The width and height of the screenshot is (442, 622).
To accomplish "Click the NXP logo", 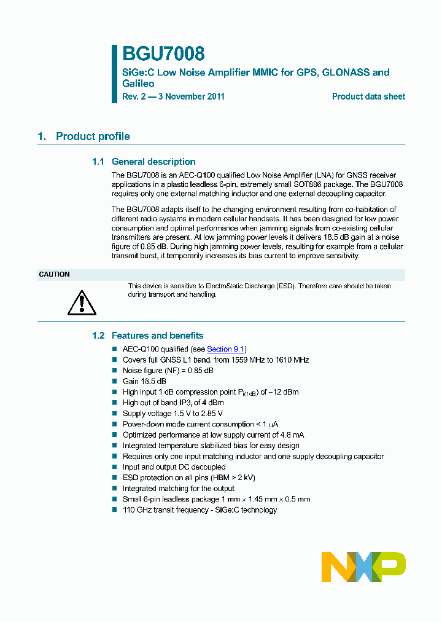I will coord(363,567).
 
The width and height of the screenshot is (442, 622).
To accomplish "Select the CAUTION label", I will coord(55,275).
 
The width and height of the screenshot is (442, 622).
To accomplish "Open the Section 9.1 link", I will coord(226,349).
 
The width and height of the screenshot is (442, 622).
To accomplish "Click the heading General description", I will coord(153,162).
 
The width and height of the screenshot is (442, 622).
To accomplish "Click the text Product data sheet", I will coord(368,96).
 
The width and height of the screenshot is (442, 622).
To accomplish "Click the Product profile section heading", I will coord(93,136).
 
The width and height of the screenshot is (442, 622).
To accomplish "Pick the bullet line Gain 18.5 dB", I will coord(144,381).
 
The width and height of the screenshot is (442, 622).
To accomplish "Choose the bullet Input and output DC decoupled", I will coord(174,467).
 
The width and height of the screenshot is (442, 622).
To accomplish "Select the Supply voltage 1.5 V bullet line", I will coord(173,414).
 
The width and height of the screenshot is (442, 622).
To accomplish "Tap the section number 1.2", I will coord(98,336).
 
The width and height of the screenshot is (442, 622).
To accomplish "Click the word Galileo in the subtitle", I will coord(138,84).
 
